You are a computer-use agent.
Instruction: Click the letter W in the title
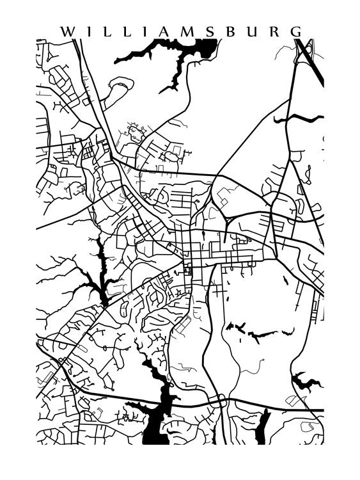[x=65, y=31]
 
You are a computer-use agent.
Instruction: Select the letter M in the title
[x=191, y=31]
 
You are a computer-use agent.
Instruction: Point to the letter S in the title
[x=212, y=31]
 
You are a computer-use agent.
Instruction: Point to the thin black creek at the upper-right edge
[x=297, y=118]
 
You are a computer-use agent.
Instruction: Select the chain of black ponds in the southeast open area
[x=256, y=332]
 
